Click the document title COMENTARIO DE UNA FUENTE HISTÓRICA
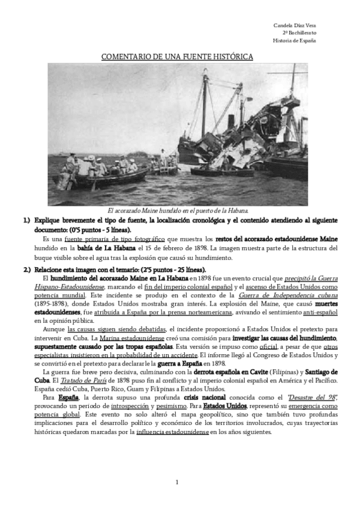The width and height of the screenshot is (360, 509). (x=177, y=56)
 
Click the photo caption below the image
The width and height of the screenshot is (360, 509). (x=178, y=211)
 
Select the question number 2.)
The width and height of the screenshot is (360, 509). (x=27, y=269)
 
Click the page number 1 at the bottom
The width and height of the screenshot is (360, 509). (x=178, y=483)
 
